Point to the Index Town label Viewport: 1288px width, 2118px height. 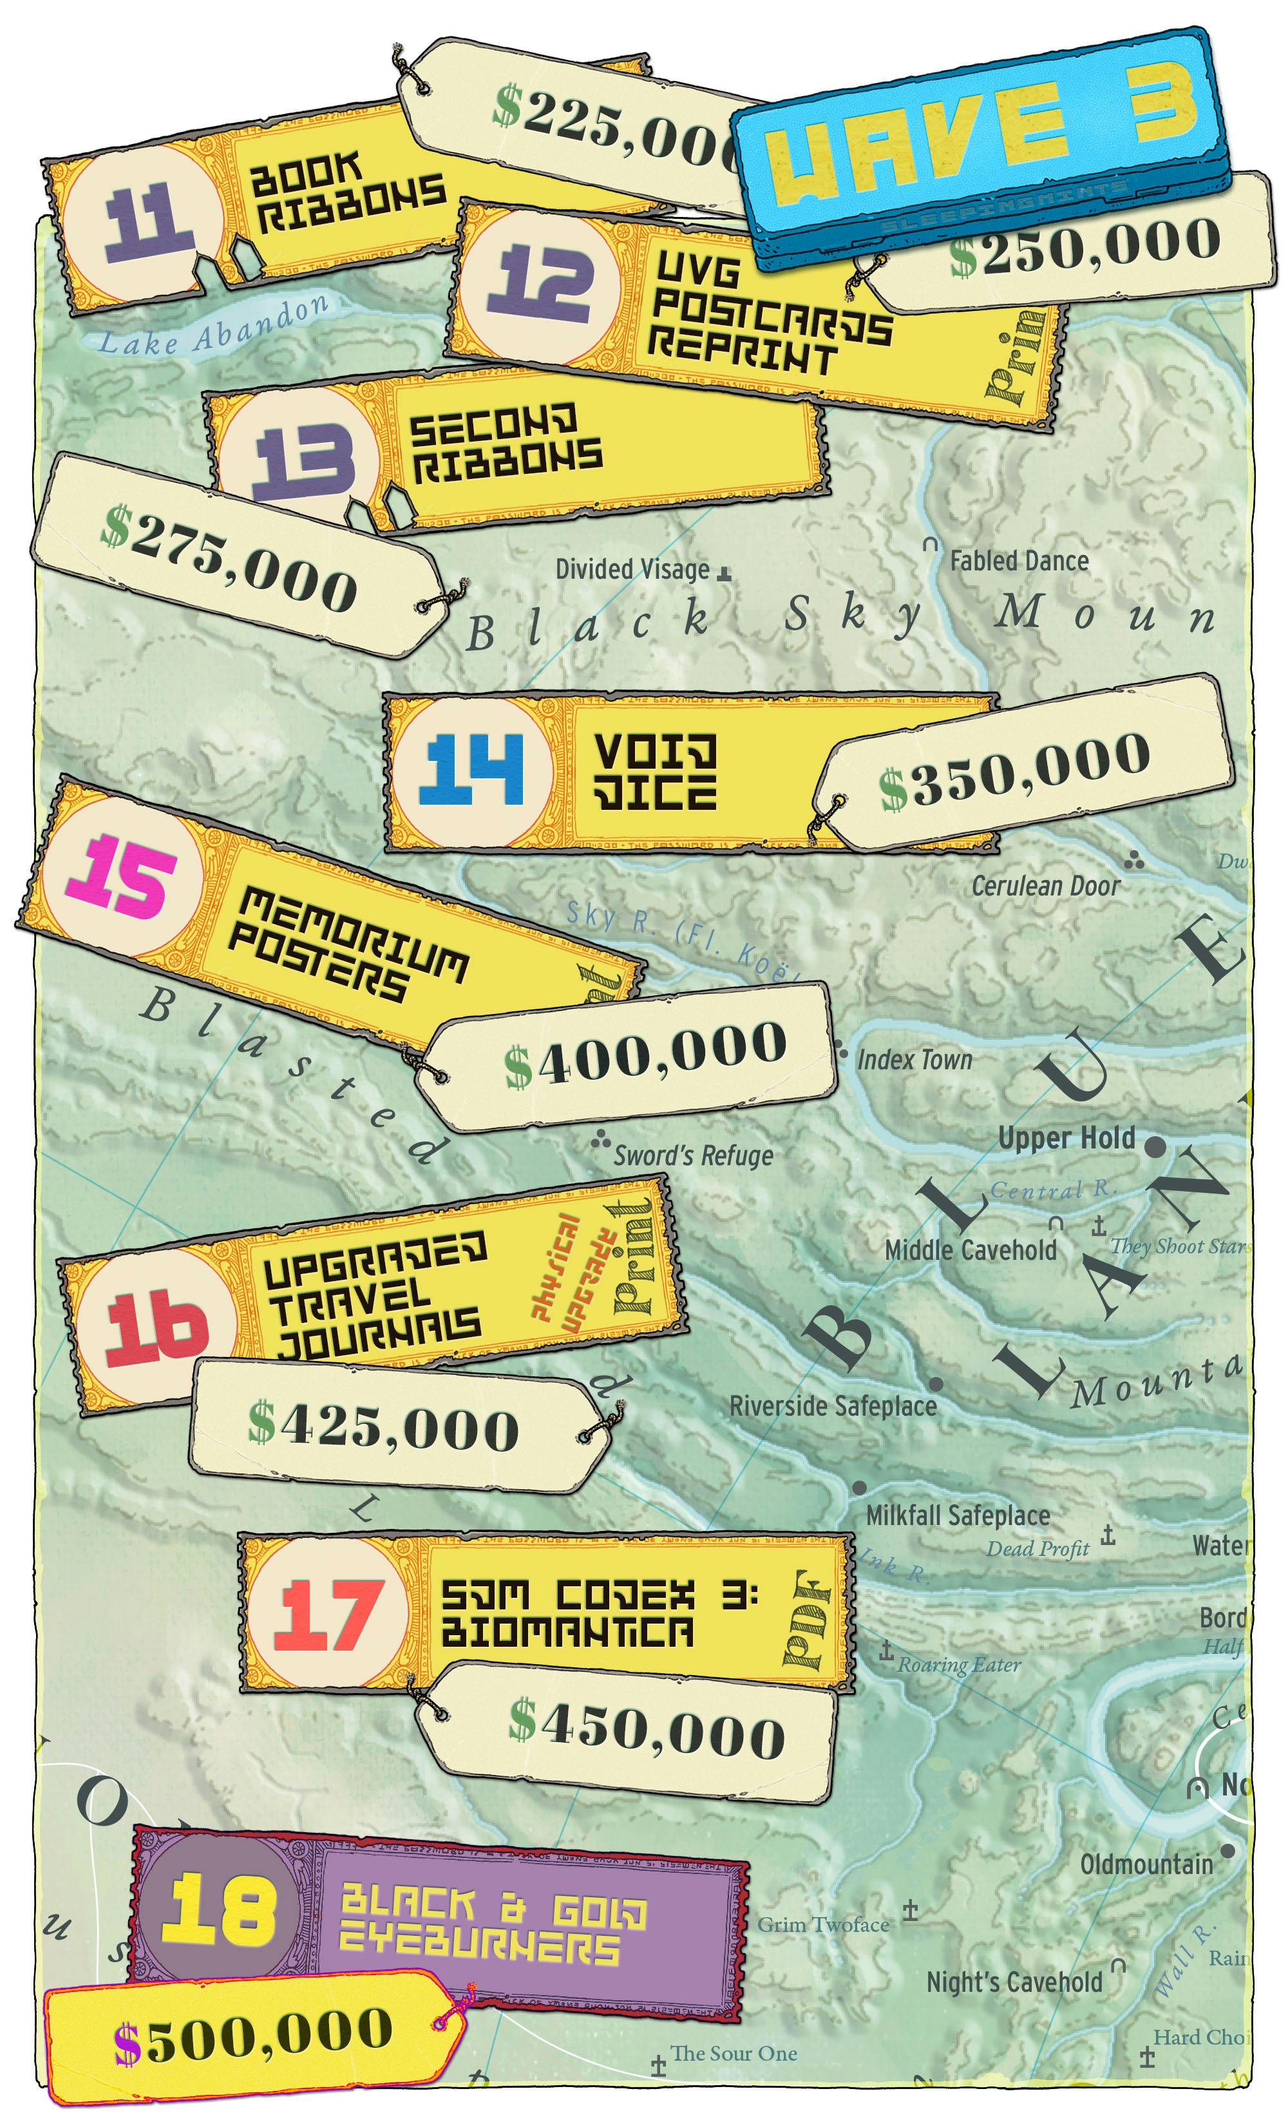914,1060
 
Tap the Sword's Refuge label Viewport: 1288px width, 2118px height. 693,1156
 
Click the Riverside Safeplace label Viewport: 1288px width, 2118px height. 832,1406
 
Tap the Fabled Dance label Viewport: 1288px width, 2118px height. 1019,561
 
